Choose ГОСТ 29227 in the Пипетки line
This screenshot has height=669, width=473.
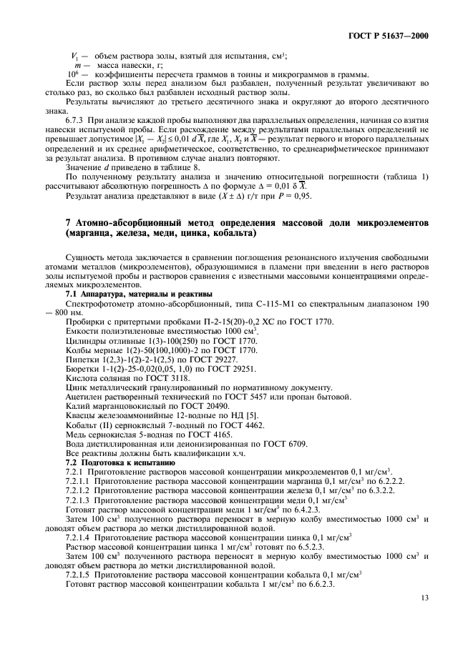[x=205, y=360]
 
